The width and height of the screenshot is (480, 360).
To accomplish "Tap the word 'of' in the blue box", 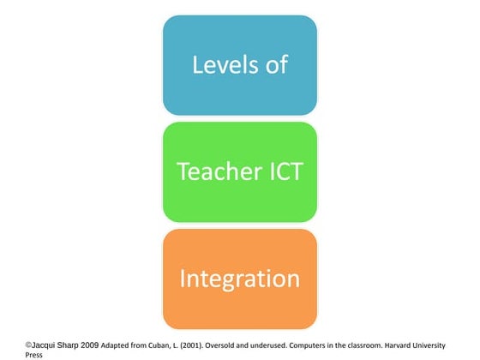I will (276, 64).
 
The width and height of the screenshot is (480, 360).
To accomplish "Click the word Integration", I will (239, 279).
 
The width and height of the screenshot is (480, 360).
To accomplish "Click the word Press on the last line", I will (34, 354).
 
